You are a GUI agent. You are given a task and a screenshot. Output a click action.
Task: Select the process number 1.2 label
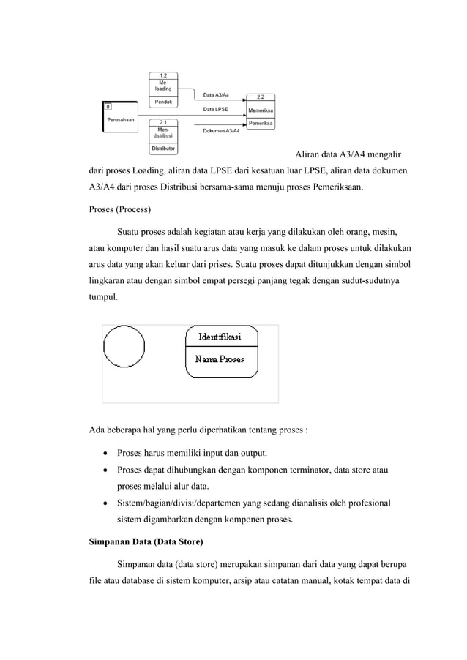coord(163,75)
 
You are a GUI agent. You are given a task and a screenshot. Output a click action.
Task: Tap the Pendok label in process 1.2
coord(162,102)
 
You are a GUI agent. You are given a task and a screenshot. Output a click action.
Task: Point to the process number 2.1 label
coord(163,122)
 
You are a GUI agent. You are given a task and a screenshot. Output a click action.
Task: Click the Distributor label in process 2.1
coord(162,149)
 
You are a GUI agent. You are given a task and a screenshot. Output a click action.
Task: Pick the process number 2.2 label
coord(261,97)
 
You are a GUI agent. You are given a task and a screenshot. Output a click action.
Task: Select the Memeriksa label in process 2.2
coord(261,110)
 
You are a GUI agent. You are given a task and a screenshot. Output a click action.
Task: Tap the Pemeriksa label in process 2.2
coord(261,124)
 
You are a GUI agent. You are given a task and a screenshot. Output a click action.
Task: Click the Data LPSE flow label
coord(215,109)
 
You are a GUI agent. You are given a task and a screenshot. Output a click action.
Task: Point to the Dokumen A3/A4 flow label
coord(220,131)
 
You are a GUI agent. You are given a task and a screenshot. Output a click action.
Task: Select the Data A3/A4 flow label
coord(215,94)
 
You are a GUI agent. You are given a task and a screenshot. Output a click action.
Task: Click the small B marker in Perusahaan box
coord(108,108)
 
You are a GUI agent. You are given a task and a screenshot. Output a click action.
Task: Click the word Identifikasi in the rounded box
coord(222,337)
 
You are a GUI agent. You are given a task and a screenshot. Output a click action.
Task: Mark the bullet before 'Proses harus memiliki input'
coord(105,454)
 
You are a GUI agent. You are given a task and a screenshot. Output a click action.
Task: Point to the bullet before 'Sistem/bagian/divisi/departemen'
coord(105,504)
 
